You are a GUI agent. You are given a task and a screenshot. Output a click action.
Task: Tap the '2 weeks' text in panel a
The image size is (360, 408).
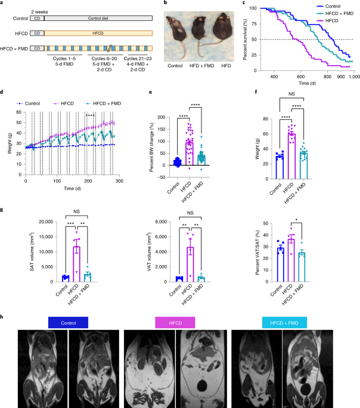click(x=40, y=11)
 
